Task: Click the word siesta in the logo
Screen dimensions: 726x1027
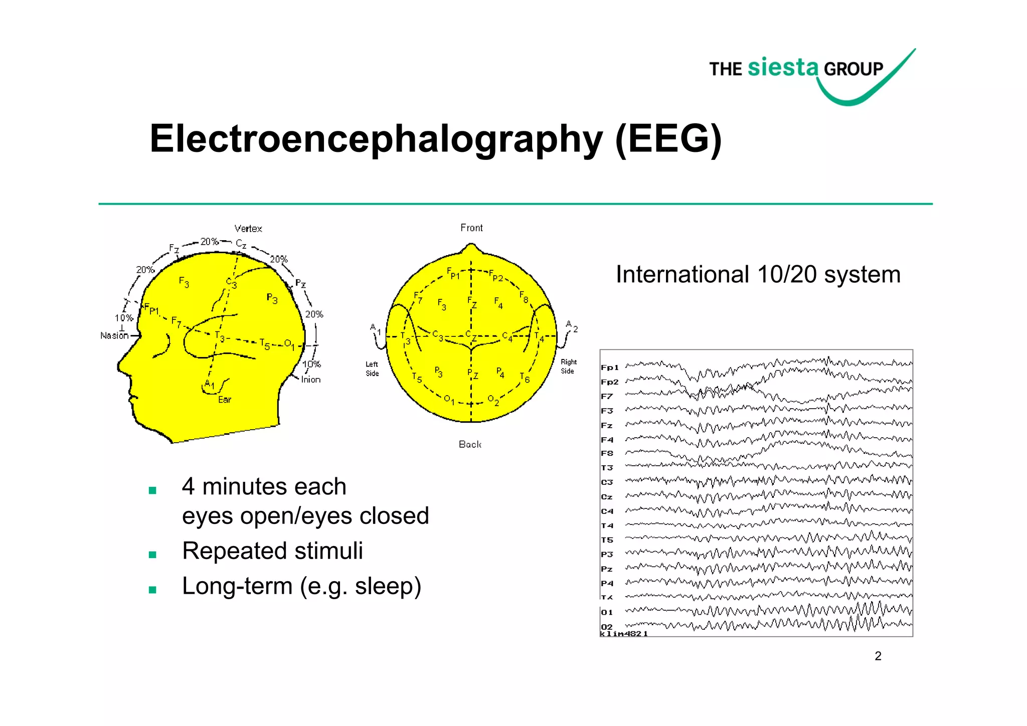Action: (x=783, y=67)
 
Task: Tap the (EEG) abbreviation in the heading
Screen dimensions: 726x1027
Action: (x=668, y=139)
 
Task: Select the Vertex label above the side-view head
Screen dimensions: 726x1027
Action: (x=248, y=229)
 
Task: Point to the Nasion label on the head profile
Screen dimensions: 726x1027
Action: (x=114, y=335)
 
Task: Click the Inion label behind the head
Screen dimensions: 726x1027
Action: (x=311, y=380)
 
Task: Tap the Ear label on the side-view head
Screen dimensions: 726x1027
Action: (x=225, y=400)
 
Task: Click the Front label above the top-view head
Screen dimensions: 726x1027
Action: (x=471, y=228)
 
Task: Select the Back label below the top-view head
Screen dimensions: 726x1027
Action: (x=470, y=444)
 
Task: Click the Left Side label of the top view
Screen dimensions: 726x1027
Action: (x=372, y=369)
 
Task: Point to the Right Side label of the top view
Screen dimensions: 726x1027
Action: (x=568, y=367)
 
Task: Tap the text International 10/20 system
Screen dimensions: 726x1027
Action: (x=758, y=275)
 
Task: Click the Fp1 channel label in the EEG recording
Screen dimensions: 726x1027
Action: (x=610, y=368)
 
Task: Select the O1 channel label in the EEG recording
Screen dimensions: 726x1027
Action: (x=607, y=612)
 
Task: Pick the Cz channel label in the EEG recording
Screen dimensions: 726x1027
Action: (x=607, y=497)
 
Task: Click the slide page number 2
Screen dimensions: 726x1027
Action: (x=878, y=656)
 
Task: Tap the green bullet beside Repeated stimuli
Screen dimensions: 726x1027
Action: (x=153, y=555)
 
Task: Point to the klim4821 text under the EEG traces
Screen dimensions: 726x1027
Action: (x=624, y=634)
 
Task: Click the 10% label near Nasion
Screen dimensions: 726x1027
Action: (x=124, y=318)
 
